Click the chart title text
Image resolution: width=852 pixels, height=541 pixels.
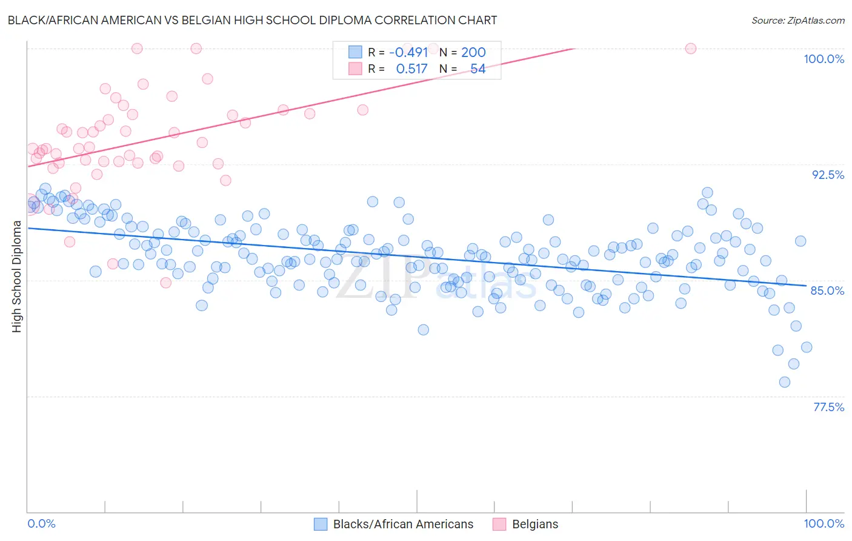pos(252,20)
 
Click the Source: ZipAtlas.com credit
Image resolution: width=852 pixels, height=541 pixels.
pos(797,20)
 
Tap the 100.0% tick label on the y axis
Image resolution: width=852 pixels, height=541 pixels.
pos(824,59)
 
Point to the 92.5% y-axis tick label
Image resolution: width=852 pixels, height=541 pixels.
pos(828,175)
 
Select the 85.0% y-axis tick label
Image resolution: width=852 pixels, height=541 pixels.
pos(827,291)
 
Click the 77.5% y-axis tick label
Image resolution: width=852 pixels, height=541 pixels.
pos(828,407)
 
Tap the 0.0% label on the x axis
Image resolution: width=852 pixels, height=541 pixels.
pos(41,523)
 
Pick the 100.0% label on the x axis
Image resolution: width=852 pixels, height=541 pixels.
pos(824,523)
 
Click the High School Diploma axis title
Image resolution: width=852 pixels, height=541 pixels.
pos(17,276)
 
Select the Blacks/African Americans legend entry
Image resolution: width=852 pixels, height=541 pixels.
pos(403,524)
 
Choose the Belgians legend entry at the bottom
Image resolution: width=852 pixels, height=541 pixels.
pos(535,524)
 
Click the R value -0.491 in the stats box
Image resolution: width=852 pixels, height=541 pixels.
pos(408,52)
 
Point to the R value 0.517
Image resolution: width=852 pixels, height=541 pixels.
pos(411,69)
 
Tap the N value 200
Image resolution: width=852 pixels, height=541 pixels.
pos(473,52)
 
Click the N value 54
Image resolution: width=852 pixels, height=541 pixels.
pos(478,69)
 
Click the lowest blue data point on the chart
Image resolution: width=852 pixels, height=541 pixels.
pos(785,382)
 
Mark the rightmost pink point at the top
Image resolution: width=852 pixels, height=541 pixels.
pos(690,49)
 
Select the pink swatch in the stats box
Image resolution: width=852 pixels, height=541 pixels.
pos(355,69)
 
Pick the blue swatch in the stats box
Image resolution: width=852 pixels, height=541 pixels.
pos(355,52)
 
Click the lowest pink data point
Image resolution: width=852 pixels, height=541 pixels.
pos(166,283)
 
